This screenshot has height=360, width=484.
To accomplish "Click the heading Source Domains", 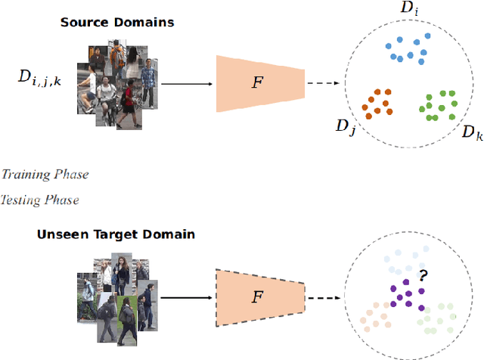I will click(117, 22).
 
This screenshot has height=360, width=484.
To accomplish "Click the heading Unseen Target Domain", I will click(116, 234).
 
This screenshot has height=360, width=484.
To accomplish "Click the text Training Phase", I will click(45, 175).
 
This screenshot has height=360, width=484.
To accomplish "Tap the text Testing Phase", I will click(39, 200).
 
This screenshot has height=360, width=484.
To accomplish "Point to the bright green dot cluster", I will click(437, 105).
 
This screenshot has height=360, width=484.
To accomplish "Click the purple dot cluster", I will click(405, 291).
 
